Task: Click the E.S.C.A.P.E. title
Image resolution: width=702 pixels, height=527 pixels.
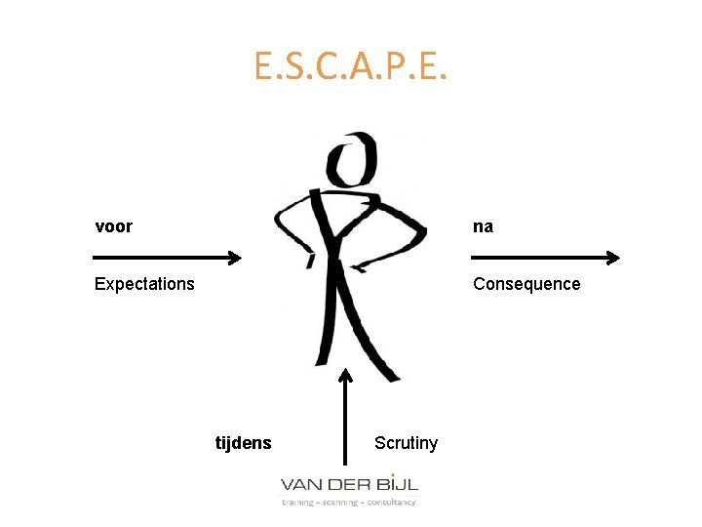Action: click(351, 65)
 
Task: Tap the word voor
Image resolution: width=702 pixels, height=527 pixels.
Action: click(113, 226)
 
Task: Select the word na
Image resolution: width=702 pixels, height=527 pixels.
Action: click(483, 226)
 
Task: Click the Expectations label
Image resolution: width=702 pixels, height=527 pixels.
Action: click(144, 284)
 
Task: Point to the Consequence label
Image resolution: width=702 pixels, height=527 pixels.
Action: click(526, 284)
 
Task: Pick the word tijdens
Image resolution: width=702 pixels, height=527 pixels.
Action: click(243, 443)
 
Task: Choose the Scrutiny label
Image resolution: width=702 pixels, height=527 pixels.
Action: click(406, 443)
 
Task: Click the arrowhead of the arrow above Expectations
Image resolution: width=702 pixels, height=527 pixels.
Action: click(234, 258)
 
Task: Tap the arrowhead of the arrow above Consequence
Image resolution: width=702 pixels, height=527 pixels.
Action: click(612, 258)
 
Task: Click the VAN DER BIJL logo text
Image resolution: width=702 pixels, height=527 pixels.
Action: click(349, 484)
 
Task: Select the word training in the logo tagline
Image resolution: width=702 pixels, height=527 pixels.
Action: click(297, 503)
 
